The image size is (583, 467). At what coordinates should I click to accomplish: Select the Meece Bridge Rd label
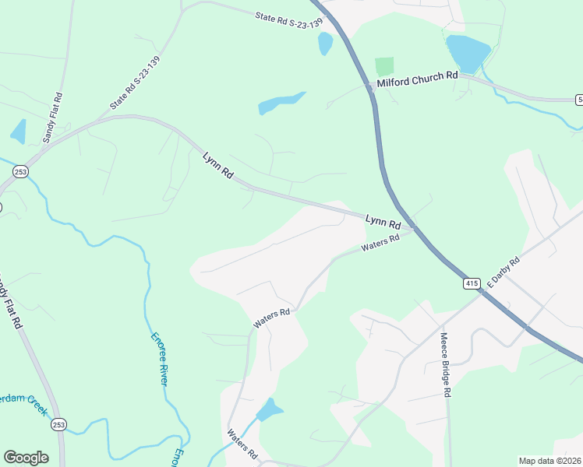pyautogui.click(x=445, y=365)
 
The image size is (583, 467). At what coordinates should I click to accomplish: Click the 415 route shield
pyautogui.click(x=471, y=284)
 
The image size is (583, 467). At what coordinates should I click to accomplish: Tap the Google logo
pyautogui.click(x=26, y=458)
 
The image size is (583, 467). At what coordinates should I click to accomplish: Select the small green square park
pyautogui.click(x=384, y=66)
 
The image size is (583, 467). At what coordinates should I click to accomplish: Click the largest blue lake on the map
pyautogui.click(x=468, y=52)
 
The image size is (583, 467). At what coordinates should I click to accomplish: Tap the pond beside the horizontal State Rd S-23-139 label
pyautogui.click(x=325, y=44)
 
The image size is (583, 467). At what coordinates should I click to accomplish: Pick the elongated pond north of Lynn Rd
pyautogui.click(x=281, y=102)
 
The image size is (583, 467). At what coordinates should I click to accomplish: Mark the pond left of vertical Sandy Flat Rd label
pyautogui.click(x=18, y=131)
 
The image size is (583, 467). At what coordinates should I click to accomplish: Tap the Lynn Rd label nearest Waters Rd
pyautogui.click(x=383, y=222)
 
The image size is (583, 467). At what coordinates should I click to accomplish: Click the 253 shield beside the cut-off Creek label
pyautogui.click(x=58, y=425)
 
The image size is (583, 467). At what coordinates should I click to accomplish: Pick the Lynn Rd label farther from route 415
pyautogui.click(x=217, y=167)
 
